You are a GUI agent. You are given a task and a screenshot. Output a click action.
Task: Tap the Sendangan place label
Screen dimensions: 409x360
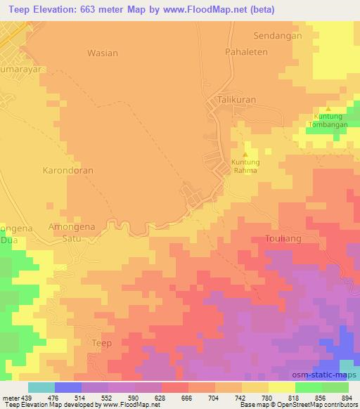(x=277, y=36)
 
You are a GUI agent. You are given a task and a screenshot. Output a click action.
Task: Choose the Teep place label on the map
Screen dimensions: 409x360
(x=102, y=342)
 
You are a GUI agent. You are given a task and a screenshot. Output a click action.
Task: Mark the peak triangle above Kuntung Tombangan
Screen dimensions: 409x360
(x=328, y=110)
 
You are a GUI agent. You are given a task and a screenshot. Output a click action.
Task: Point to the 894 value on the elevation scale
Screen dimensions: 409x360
(x=347, y=398)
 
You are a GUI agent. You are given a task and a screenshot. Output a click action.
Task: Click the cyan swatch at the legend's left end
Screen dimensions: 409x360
(x=41, y=387)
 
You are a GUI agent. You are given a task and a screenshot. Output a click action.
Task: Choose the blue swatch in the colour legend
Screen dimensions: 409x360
(x=68, y=387)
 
